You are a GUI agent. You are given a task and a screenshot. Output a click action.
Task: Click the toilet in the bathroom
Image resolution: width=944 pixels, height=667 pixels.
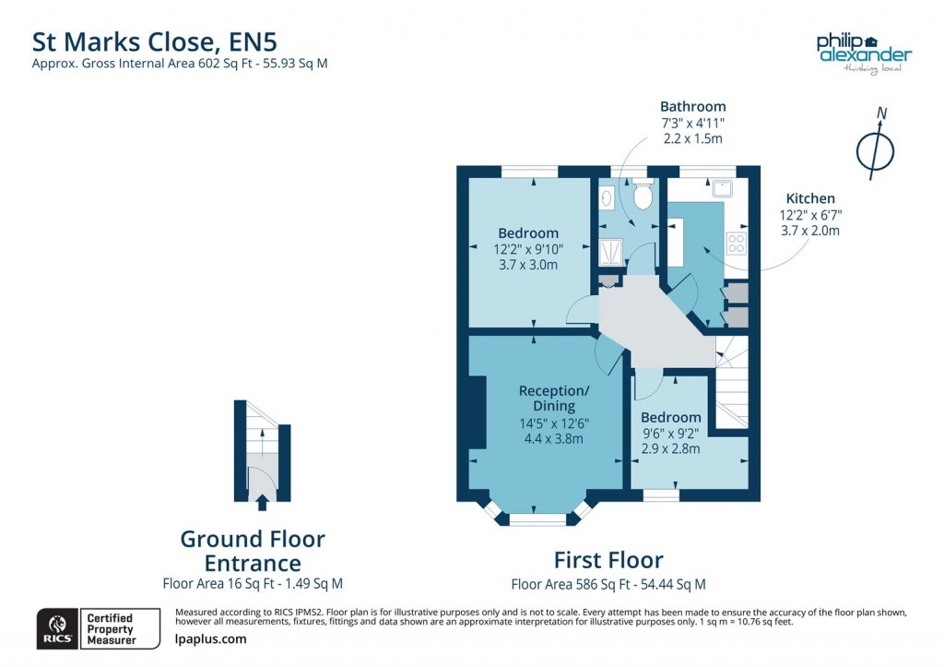[643, 195]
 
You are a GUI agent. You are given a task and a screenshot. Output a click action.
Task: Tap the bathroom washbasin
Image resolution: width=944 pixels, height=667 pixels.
[607, 197]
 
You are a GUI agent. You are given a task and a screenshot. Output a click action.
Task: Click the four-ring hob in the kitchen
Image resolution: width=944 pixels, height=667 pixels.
[737, 244]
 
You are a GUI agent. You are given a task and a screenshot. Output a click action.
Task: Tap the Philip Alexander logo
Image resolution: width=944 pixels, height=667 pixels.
[863, 52]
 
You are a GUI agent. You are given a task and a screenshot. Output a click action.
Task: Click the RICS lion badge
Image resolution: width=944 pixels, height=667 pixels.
[55, 628]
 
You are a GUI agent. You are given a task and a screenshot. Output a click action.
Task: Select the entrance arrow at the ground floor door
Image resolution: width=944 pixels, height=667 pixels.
[262, 502]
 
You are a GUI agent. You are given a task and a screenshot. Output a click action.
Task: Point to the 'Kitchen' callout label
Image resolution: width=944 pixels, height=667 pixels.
[810, 198]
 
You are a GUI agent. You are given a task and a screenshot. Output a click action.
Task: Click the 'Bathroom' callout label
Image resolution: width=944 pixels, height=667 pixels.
[692, 106]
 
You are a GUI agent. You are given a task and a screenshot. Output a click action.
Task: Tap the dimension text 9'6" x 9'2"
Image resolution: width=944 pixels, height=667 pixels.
[670, 434]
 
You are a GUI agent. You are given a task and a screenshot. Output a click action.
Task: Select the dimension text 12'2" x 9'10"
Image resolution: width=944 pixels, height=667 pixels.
[527, 249]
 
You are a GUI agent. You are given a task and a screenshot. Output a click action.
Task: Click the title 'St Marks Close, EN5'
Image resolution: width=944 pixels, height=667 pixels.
[155, 42]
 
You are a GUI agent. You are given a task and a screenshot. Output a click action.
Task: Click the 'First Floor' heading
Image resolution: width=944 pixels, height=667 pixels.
[608, 560]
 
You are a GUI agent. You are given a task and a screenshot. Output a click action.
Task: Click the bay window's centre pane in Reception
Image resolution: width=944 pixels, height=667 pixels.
[537, 519]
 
